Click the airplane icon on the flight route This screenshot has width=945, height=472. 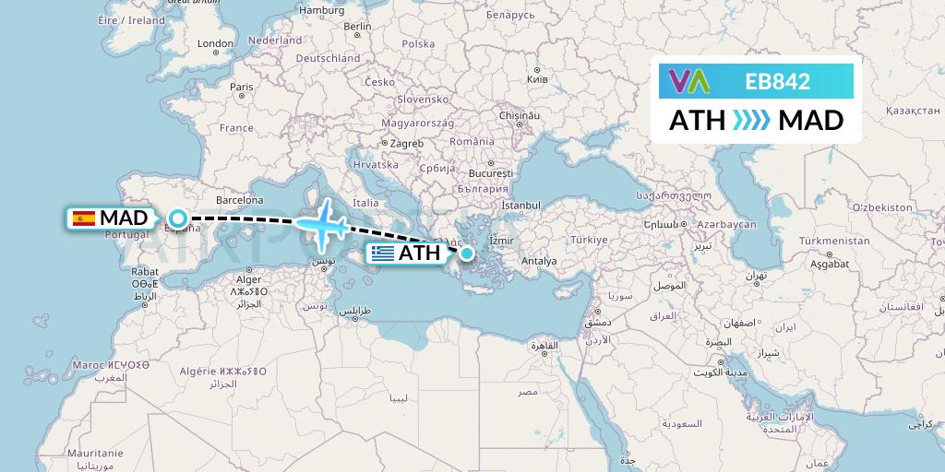(x=322, y=224)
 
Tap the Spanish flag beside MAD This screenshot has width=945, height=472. (x=84, y=218)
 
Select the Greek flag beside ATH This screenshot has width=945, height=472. (x=382, y=253)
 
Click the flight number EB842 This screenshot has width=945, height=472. (x=777, y=82)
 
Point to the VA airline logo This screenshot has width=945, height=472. (x=689, y=82)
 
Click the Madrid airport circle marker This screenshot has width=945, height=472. (x=178, y=218)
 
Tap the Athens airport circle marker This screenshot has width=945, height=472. (x=467, y=253)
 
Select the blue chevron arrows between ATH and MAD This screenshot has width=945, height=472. (x=751, y=121)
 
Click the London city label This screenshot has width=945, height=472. (x=215, y=43)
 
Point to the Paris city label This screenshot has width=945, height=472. (x=242, y=88)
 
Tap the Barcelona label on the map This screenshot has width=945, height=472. (x=240, y=199)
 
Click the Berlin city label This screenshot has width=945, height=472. (x=357, y=27)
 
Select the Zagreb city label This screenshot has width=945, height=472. (x=406, y=143)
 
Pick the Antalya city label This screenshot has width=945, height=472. (x=539, y=261)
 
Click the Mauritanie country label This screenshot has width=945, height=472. (x=95, y=454)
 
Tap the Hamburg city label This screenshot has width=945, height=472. (x=321, y=10)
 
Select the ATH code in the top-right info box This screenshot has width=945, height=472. (x=697, y=121)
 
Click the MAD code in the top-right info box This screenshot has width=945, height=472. (x=810, y=121)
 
